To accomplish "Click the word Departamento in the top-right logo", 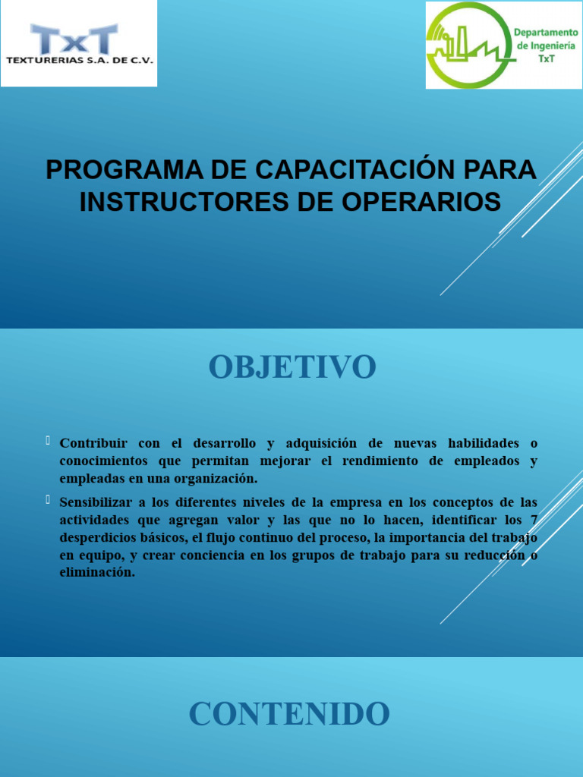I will [545, 33].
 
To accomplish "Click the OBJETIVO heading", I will [292, 367].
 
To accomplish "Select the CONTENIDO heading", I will [289, 714].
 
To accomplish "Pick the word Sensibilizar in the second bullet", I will [97, 502].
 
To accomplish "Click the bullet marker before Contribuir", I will [48, 441].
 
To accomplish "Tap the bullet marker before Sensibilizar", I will [48, 500].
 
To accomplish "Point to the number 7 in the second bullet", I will [533, 520].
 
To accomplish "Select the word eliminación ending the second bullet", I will [96, 574].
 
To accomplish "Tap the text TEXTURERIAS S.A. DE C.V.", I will [79, 59].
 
